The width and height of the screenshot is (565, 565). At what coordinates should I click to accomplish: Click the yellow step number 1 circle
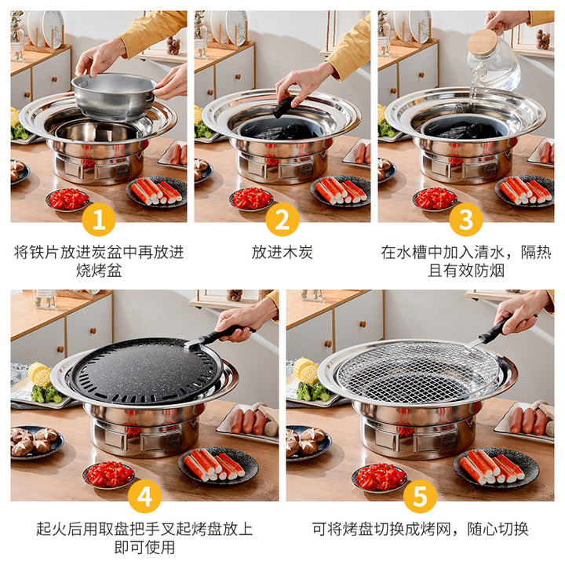click(98, 220)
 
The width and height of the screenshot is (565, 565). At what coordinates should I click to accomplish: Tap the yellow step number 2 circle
click(282, 220)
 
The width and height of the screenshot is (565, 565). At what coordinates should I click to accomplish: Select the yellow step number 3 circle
click(466, 220)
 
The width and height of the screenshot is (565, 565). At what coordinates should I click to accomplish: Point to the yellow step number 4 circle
click(144, 496)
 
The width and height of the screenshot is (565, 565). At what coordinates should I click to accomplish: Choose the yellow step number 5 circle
click(420, 496)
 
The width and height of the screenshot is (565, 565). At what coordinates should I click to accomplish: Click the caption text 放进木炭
click(282, 252)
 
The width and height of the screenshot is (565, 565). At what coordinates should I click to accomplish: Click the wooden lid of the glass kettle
click(483, 42)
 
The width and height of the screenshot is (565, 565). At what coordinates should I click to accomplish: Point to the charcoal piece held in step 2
click(282, 108)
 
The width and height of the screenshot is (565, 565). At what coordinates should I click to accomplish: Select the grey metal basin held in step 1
click(114, 97)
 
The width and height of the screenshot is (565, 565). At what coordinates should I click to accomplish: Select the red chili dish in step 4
click(108, 475)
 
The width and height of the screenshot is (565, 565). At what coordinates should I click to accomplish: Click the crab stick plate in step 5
click(496, 467)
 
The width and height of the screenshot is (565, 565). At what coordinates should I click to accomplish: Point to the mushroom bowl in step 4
click(36, 442)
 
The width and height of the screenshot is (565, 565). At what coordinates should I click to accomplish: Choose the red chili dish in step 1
click(67, 199)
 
